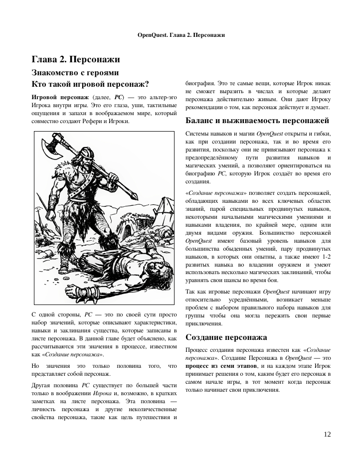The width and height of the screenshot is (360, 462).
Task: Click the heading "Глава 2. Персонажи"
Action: click(76, 60)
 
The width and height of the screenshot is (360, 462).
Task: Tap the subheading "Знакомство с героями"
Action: click(75, 72)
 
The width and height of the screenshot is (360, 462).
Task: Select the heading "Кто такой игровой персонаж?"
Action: click(90, 84)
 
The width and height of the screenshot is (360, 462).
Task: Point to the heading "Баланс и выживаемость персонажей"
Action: click(257, 121)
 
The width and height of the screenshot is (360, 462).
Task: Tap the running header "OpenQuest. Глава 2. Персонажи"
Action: click(180, 35)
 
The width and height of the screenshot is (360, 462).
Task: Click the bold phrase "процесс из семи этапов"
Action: click(216, 365)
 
